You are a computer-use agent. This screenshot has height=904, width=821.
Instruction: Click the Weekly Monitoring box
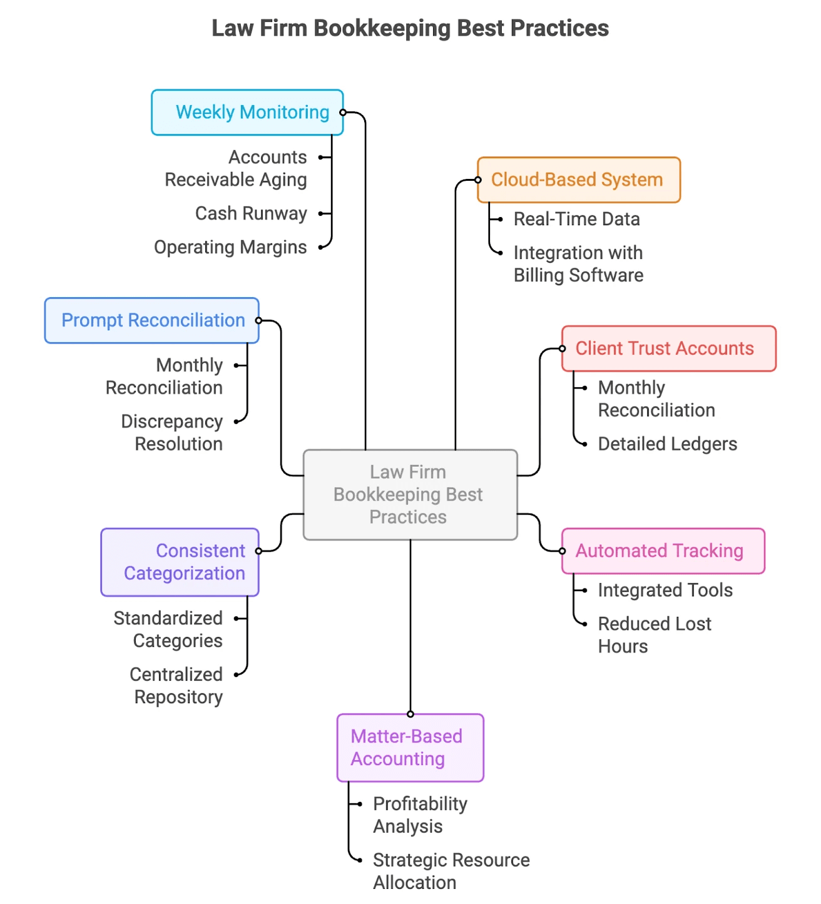(247, 113)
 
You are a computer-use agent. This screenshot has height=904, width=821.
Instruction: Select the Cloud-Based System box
(578, 180)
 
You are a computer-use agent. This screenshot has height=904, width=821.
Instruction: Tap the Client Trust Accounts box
(668, 348)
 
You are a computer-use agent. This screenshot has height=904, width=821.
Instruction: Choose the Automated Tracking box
(663, 551)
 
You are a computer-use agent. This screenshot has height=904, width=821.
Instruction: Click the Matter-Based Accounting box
(410, 748)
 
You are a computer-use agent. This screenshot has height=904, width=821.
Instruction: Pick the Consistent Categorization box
(180, 562)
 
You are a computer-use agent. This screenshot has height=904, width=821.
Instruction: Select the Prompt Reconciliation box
(151, 320)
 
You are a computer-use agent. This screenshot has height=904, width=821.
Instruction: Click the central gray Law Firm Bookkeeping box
(410, 495)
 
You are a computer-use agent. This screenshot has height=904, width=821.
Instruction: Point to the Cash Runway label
(251, 213)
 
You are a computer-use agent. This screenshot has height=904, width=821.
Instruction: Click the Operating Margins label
(230, 247)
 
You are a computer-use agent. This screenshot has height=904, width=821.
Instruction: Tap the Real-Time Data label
(576, 219)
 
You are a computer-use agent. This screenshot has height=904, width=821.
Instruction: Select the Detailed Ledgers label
(667, 444)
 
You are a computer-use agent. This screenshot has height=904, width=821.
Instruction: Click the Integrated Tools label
(665, 590)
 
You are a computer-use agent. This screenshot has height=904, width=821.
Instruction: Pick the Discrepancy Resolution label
(172, 432)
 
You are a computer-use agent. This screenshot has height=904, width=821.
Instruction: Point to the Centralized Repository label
(176, 686)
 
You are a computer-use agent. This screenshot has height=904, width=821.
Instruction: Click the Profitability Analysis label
(420, 815)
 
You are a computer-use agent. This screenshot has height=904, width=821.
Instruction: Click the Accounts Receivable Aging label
(236, 168)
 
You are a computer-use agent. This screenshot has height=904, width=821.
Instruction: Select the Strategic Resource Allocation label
(451, 871)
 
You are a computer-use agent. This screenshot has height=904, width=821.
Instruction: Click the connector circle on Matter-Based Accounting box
(410, 714)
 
